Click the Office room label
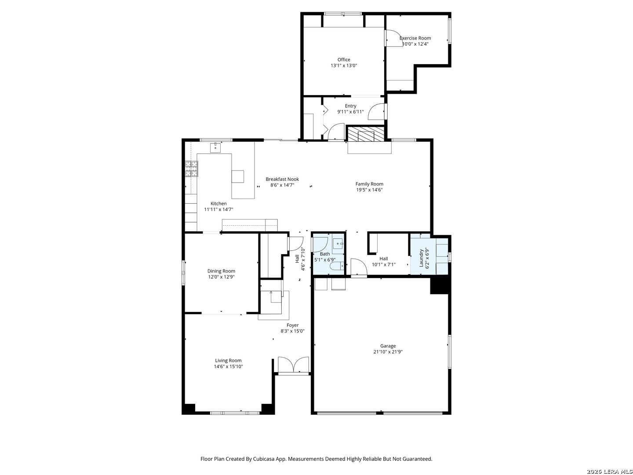[343, 59]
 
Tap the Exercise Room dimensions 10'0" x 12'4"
[415, 44]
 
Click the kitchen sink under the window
[215, 147]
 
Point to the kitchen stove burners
[192, 168]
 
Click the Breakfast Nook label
[282, 179]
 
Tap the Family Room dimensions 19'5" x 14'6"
[369, 190]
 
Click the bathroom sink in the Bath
[338, 244]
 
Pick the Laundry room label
[421, 258]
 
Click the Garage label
[388, 346]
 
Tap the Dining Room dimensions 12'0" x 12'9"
[221, 277]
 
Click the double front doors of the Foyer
[293, 365]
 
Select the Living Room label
[228, 360]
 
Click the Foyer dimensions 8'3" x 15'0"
[292, 331]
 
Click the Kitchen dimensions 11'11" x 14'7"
[218, 209]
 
